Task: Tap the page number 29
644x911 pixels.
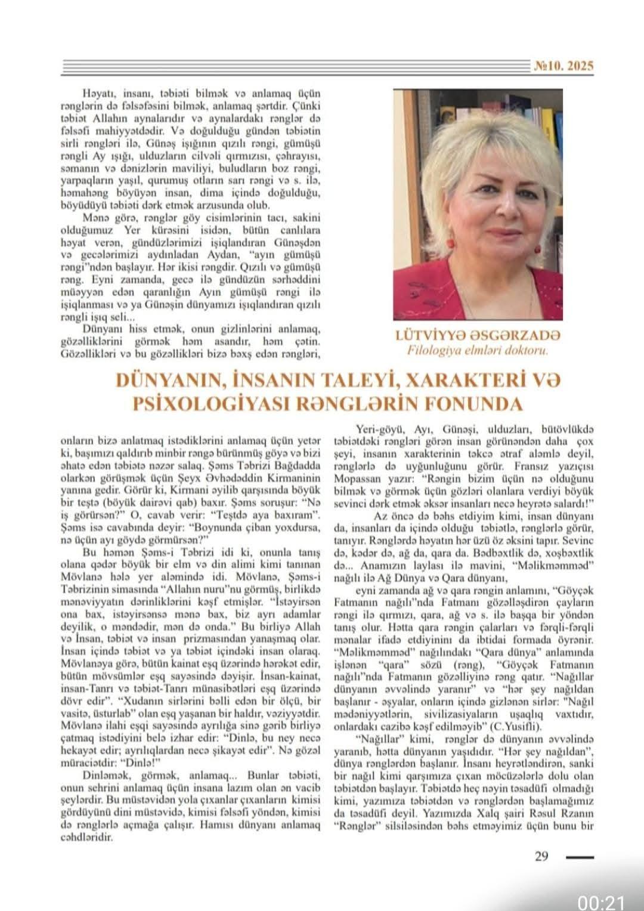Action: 541,857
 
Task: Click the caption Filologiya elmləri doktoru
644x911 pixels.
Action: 477,351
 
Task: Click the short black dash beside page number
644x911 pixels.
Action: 580,857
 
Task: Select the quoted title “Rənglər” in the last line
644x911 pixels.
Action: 355,826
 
